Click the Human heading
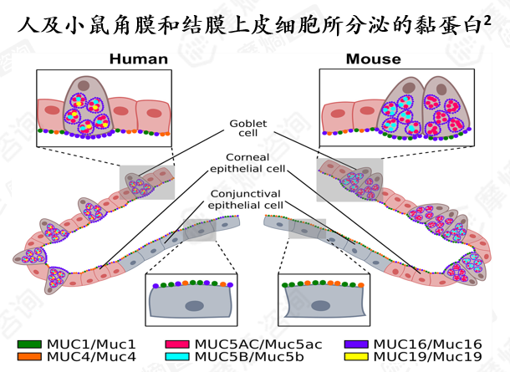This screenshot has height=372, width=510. point(139,59)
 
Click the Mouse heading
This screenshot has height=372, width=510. point(374,59)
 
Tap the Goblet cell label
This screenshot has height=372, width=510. point(248,128)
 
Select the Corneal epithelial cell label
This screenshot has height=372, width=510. point(247,163)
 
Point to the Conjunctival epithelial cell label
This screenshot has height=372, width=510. point(246,199)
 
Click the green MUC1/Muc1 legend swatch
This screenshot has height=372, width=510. point(29,344)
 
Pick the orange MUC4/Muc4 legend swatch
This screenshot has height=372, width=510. point(29,357)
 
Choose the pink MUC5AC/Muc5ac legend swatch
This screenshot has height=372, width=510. point(177,344)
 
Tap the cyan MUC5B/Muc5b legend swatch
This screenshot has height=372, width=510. point(177,357)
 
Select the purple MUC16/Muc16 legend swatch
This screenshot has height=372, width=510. point(356,344)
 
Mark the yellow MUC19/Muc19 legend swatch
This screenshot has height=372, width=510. point(356,357)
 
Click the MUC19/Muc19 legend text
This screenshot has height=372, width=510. point(428,357)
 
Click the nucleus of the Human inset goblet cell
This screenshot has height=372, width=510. point(84,85)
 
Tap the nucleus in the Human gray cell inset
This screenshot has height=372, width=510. point(195,306)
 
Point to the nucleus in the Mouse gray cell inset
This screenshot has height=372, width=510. point(321,306)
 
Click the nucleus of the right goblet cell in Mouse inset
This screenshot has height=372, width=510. point(441,89)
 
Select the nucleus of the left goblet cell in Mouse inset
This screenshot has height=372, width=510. point(409,88)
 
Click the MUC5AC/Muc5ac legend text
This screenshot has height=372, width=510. point(258,344)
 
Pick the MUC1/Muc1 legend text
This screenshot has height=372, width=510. point(91,344)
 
